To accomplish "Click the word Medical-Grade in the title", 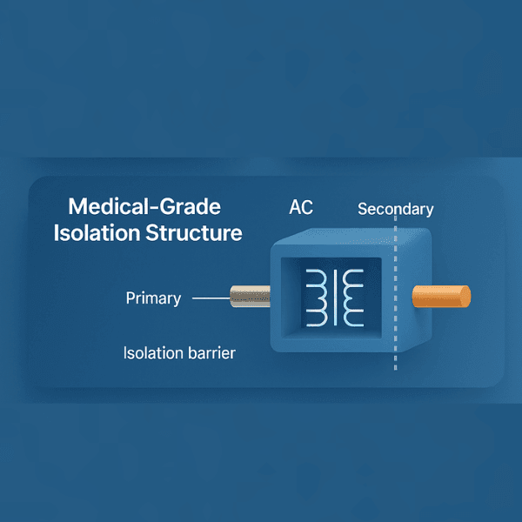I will (144, 207).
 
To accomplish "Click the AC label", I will (302, 210).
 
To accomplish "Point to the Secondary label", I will (395, 209).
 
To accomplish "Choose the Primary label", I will (153, 298).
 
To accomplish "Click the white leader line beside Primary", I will (209, 298).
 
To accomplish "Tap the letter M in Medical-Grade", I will (77, 207).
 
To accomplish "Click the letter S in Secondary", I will (363, 209).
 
